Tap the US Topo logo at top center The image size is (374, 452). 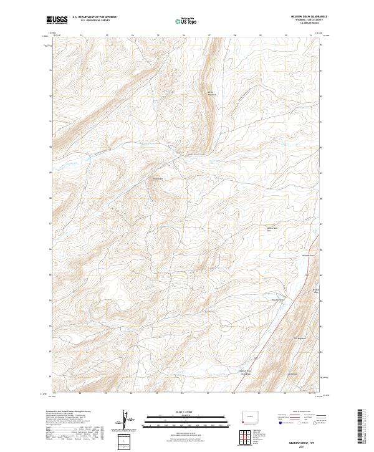(x=186, y=21)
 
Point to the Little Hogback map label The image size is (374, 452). (x=211, y=93)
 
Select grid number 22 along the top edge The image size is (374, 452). (x=82, y=36)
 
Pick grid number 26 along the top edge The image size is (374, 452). (x=183, y=36)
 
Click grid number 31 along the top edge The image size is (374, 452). (x=310, y=36)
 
